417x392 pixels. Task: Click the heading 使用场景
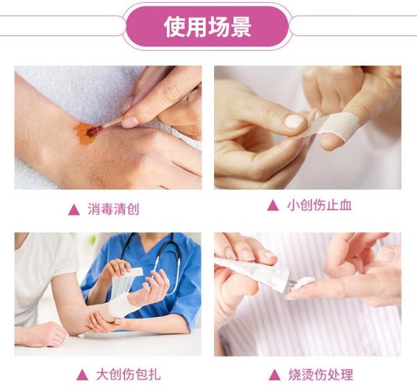(208, 27)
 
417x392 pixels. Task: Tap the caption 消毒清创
(113, 209)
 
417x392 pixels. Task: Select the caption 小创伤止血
(320, 205)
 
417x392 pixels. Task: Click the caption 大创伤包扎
(129, 375)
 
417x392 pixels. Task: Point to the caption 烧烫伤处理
(321, 375)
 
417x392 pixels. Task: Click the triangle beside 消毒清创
(74, 210)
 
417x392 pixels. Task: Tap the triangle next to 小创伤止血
(273, 206)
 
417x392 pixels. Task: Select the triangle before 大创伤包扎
(82, 375)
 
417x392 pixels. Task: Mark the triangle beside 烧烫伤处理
(275, 375)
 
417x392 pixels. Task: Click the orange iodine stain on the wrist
(85, 133)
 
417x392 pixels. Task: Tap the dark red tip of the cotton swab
(94, 131)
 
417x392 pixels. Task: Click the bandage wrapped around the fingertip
(340, 125)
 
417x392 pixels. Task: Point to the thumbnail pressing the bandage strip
(294, 121)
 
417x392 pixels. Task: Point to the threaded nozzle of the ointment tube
(294, 284)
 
